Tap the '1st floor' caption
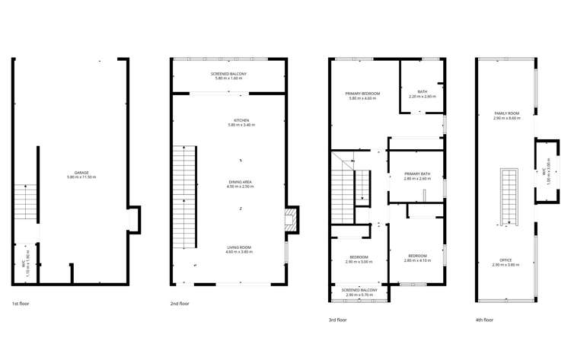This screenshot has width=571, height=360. point(21,303)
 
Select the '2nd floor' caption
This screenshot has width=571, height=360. point(179,303)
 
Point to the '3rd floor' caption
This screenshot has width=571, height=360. point(337,320)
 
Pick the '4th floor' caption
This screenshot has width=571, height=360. point(484,320)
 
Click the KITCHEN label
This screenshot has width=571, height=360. point(241,120)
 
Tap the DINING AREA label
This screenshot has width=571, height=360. point(240,182)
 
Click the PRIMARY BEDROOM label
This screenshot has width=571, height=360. point(363,94)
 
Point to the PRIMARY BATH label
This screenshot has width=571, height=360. point(417,174)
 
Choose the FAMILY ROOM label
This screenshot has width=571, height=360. point(506,114)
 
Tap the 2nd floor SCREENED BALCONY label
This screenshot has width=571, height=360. point(229,74)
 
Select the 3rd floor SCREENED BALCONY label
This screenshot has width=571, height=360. point(359,291)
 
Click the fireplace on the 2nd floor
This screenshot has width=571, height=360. point(288,221)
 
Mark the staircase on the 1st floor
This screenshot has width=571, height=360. point(25,203)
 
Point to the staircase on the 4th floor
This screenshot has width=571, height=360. point(506,196)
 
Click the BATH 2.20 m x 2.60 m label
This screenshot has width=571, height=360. point(422,92)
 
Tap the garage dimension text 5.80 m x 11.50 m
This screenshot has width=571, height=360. point(81,177)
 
